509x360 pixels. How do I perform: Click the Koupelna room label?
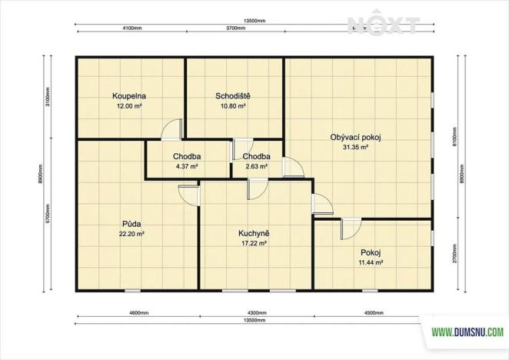[129, 96]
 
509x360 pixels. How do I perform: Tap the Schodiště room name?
[232, 96]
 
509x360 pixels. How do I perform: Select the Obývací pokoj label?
[356, 137]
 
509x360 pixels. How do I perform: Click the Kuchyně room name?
[253, 233]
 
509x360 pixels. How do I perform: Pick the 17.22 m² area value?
[253, 242]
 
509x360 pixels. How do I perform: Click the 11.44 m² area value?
[371, 262]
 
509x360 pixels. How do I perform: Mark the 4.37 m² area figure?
[187, 165]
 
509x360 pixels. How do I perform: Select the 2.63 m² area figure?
[256, 165]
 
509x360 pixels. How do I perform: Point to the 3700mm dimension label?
[235, 28]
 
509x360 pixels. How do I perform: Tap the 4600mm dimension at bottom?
[138, 313]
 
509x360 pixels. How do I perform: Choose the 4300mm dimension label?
[256, 313]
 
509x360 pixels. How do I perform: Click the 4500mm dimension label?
[373, 313]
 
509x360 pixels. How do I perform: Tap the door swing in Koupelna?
[171, 129]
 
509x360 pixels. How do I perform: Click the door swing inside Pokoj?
[352, 228]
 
